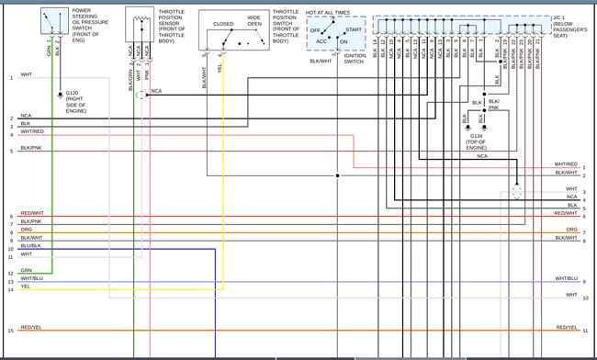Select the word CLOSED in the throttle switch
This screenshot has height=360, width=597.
tap(223, 25)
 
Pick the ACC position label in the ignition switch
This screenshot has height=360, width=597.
tap(321, 40)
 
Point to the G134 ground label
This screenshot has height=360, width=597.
tap(477, 140)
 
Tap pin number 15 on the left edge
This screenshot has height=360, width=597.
tap(11, 331)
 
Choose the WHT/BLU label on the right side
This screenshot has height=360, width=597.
tap(566, 278)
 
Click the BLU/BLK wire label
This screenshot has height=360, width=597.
tap(29, 245)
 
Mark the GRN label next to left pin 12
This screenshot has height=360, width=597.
tap(26, 271)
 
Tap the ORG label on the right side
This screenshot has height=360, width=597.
tap(571, 229)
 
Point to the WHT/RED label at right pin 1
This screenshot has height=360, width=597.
tap(566, 163)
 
